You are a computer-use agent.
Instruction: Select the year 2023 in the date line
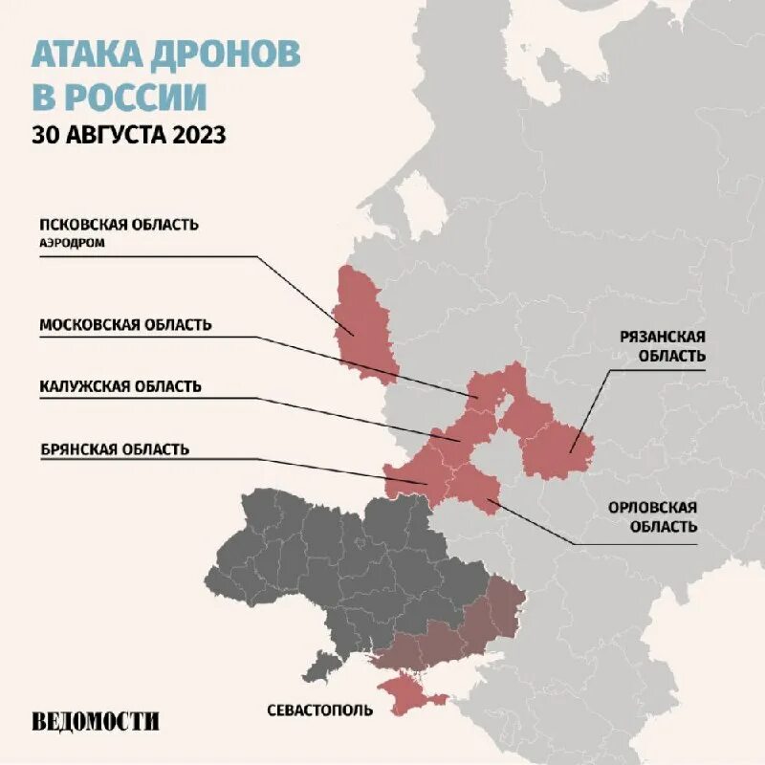click(x=199, y=135)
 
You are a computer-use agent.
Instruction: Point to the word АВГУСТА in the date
click(x=115, y=135)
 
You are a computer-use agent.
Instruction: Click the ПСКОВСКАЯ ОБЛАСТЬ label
click(x=119, y=224)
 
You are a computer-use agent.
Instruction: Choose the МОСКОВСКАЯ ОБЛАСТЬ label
click(x=125, y=324)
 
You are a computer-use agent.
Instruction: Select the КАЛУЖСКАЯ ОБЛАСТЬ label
click(x=120, y=386)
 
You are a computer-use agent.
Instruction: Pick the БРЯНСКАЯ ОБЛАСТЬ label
click(x=115, y=448)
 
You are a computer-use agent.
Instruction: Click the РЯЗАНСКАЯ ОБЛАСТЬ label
click(x=662, y=345)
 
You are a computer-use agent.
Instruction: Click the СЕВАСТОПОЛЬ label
click(x=319, y=710)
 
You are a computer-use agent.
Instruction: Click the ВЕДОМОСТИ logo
click(x=95, y=722)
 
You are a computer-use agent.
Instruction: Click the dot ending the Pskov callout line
click(x=354, y=334)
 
